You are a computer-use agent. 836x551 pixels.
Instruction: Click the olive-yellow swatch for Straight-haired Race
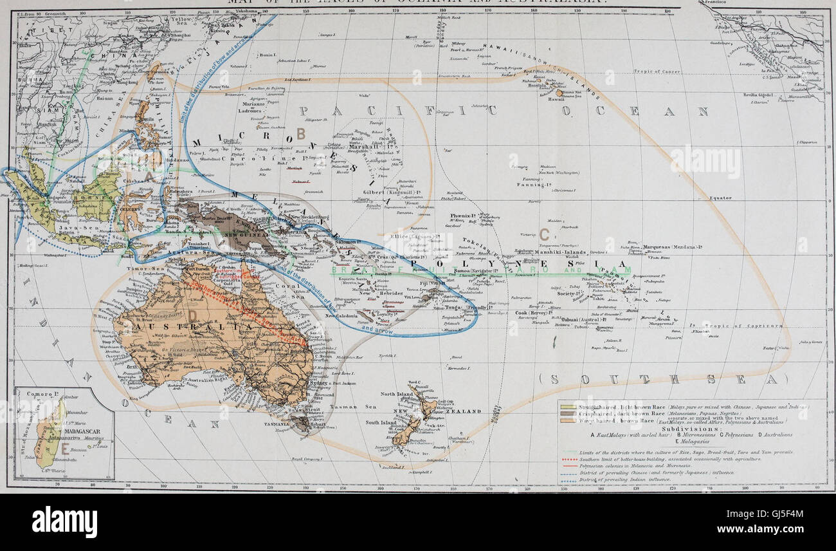(x=568, y=407)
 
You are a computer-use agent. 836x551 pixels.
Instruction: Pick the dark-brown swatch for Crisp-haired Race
(x=568, y=413)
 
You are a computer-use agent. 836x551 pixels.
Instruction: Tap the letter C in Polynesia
(x=545, y=236)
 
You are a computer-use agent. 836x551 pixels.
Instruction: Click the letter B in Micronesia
(x=301, y=133)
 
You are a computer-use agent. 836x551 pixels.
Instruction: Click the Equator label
(x=720, y=198)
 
